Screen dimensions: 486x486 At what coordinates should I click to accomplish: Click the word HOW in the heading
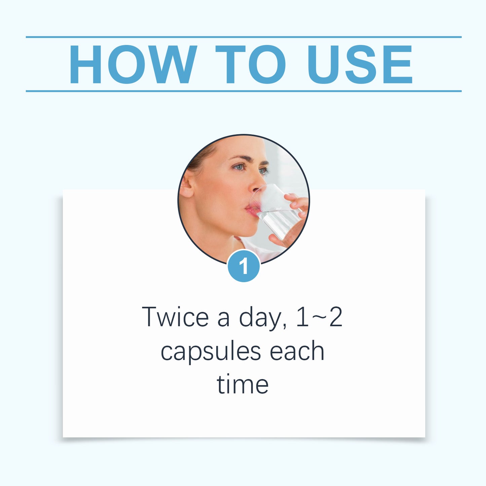[133, 64]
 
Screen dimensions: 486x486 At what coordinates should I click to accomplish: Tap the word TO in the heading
[251, 64]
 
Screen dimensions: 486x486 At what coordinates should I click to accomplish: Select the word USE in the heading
[360, 64]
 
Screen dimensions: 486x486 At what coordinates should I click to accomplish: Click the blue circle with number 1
[244, 266]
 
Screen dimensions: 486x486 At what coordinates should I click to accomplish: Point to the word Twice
[175, 317]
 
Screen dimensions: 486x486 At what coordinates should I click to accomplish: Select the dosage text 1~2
[319, 317]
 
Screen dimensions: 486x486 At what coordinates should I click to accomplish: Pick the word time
[242, 385]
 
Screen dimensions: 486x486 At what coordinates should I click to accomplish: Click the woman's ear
[187, 186]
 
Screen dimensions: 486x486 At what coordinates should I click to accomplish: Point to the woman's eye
[239, 167]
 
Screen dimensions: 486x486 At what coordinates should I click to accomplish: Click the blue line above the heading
[244, 37]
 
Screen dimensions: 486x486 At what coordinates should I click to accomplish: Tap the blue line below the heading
[244, 91]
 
